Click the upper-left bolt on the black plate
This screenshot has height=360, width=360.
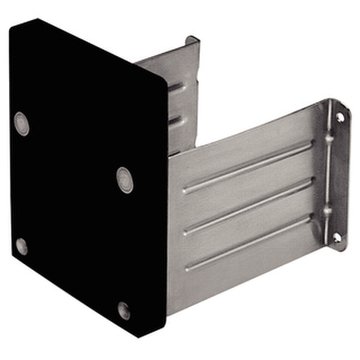pos(21,123)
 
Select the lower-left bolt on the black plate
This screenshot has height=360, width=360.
pos(21,246)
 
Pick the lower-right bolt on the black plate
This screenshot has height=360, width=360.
pos(123,310)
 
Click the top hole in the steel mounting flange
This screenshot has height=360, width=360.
pos(339,118)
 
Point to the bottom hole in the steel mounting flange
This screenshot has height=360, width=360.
pos(337,237)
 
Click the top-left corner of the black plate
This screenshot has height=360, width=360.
pos(12,22)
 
